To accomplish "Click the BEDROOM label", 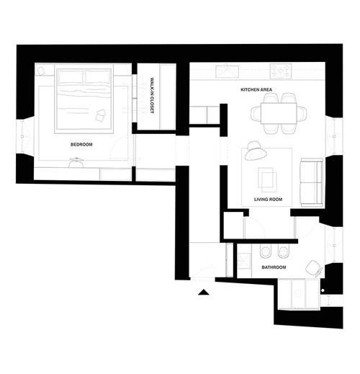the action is coord(81,144).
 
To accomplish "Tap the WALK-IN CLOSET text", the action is coord(152,95).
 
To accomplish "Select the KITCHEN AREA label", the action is coord(256,89).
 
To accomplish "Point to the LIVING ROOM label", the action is coord(268,199).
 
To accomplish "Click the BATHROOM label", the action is coord(274,267).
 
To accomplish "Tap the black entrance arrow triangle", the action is coord(204,292).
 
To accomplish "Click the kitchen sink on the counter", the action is coord(227,71).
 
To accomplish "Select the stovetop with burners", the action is coord(281,71).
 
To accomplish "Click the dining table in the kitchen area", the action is coord(279,113).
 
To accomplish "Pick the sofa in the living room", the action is coord(312,182).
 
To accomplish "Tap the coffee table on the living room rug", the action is coord(267,179).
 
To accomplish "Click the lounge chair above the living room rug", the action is coord(256,151).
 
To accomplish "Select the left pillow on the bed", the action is coord(71,76).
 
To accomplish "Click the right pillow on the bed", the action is coord(98,76).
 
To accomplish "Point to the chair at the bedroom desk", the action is coord(76,163).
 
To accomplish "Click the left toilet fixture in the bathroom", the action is coord(265,251).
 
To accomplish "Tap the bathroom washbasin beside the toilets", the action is coord(244,261).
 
